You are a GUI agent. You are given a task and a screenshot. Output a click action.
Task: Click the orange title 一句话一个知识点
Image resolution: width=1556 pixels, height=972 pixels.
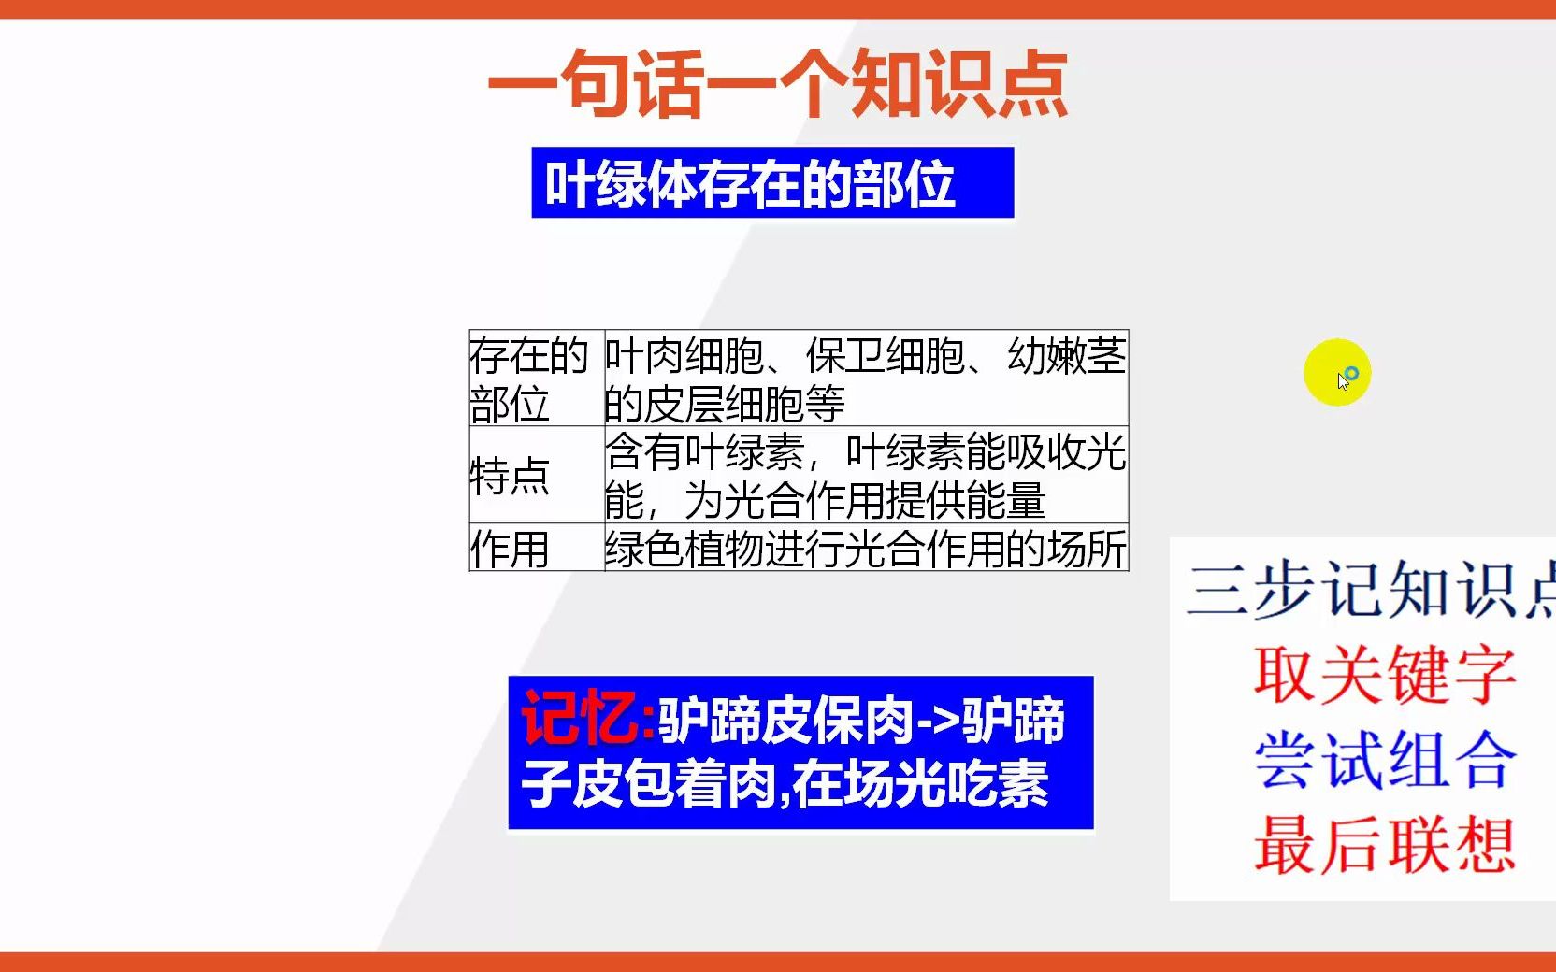click(x=778, y=84)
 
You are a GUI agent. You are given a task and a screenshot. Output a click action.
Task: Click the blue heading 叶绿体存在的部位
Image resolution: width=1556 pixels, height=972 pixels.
click(x=750, y=184)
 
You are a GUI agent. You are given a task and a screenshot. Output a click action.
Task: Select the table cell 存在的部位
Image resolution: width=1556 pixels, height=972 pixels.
click(x=529, y=379)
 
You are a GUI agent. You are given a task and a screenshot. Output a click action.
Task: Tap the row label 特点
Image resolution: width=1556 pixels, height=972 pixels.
click(x=511, y=476)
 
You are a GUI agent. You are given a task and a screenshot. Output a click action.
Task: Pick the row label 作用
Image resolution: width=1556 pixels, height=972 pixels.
click(x=510, y=549)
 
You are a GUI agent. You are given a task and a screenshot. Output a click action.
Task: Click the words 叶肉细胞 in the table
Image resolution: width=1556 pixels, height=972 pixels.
click(x=684, y=356)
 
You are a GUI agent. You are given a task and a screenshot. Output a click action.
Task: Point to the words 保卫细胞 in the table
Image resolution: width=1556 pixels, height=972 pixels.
click(x=885, y=356)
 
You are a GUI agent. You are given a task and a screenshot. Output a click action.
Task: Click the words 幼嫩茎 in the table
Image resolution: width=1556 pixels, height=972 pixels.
click(x=1066, y=356)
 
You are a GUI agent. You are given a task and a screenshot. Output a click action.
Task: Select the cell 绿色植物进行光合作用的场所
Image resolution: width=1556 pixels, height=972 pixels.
click(x=866, y=549)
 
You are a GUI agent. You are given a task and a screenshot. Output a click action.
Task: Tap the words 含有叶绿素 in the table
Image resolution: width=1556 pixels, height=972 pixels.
click(x=705, y=452)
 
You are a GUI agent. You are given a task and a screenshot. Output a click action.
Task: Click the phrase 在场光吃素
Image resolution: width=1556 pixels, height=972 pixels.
click(x=921, y=783)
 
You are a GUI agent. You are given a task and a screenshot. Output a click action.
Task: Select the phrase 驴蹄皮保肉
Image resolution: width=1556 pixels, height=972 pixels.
click(x=785, y=722)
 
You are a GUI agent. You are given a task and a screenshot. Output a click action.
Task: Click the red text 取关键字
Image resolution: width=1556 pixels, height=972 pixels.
click(x=1384, y=674)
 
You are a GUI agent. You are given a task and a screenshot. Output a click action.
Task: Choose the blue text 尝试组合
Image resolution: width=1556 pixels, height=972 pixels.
click(x=1384, y=759)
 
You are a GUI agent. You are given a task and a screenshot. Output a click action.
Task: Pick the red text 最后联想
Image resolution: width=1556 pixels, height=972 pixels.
click(x=1384, y=845)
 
